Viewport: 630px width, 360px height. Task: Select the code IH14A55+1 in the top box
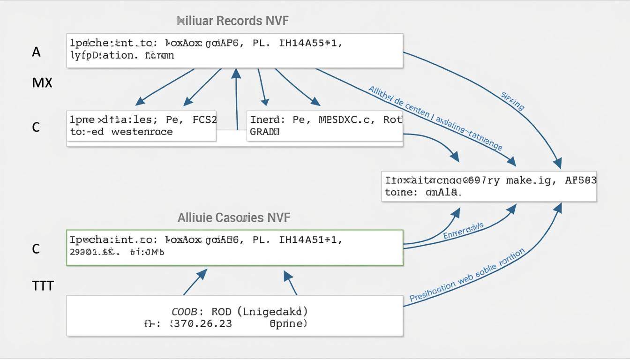[310, 44]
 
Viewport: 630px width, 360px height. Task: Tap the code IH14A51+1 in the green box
[310, 240]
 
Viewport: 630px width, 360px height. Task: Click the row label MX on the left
[42, 83]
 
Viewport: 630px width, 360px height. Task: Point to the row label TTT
[43, 285]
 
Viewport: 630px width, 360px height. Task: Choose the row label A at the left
[36, 52]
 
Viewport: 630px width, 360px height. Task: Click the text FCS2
[205, 120]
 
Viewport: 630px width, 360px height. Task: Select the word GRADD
[265, 132]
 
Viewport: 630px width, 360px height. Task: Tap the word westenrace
[142, 132]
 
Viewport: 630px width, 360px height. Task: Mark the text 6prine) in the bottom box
[288, 323]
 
